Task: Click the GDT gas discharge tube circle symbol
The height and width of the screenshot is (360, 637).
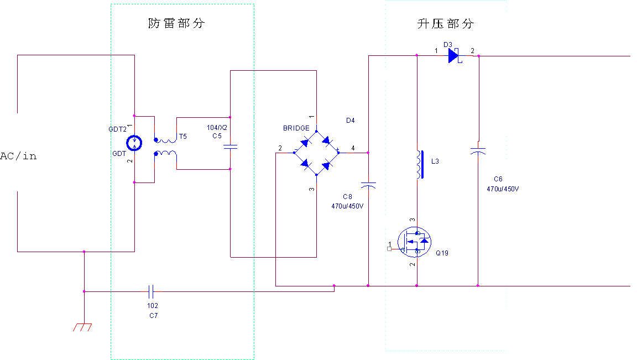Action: [x=134, y=144]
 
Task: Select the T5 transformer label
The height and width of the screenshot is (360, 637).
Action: [x=183, y=136]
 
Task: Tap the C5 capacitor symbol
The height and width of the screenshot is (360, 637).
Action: [x=230, y=147]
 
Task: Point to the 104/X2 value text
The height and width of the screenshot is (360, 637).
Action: [x=217, y=128]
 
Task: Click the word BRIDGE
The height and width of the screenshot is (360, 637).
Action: [x=296, y=128]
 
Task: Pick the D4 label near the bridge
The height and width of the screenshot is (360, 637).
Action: [x=350, y=121]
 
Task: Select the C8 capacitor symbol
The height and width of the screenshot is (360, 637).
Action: [x=368, y=185]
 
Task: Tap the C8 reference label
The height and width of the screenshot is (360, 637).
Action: [x=347, y=197]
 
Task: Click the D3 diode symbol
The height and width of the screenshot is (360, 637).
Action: [x=454, y=55]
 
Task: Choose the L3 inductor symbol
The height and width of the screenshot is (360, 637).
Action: [x=420, y=165]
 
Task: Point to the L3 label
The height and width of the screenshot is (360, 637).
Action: [x=435, y=161]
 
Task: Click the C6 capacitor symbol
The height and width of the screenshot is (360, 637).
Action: [x=478, y=150]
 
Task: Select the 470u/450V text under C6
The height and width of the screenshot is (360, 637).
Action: [x=503, y=189]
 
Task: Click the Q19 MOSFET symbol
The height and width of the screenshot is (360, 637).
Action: [x=415, y=242]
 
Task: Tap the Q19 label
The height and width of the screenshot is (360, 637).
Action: [x=442, y=253]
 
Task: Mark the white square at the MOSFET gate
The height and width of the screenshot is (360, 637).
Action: [x=389, y=249]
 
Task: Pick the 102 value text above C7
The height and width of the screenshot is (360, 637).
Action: [x=153, y=306]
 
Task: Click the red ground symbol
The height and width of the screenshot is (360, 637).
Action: [x=82, y=327]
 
